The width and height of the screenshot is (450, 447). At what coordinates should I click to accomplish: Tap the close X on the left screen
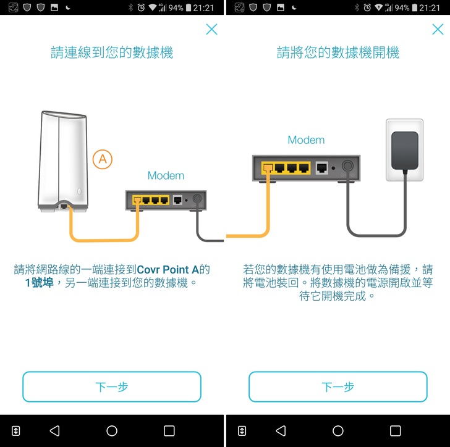click(212, 29)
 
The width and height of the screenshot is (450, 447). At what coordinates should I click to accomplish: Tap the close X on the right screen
click(438, 29)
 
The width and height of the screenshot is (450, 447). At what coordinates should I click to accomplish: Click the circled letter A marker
click(103, 159)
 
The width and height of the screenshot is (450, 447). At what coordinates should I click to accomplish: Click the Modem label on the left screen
click(166, 175)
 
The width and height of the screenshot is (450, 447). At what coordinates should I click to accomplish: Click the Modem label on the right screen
click(306, 140)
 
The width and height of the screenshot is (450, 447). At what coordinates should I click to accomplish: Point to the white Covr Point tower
click(63, 162)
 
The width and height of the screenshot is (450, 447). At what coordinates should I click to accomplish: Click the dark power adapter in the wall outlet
click(405, 151)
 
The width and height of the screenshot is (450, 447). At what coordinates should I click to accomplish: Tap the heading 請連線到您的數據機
click(112, 52)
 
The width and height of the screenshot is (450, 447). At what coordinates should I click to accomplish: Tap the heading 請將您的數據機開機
click(338, 52)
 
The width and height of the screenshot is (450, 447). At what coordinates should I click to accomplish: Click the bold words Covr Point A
click(168, 270)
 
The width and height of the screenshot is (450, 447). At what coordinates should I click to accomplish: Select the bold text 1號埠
click(40, 283)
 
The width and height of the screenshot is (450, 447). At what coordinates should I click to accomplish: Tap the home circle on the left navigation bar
click(112, 431)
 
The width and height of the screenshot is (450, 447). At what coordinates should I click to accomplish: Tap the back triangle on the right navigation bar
click(281, 431)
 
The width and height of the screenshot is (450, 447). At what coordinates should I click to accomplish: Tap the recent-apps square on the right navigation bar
click(395, 431)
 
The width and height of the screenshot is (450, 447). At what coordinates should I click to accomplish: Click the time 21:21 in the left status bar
click(203, 8)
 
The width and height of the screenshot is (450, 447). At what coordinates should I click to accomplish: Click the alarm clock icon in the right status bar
click(367, 8)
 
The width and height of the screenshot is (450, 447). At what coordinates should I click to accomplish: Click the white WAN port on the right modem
click(321, 168)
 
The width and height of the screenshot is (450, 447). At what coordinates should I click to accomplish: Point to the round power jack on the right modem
click(348, 165)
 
